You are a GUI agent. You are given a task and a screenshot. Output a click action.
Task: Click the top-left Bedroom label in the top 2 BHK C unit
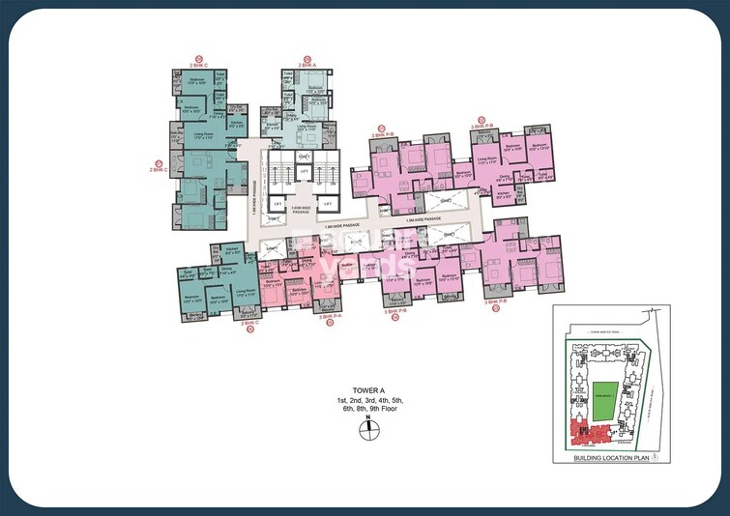pyautogui.click(x=195, y=78)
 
